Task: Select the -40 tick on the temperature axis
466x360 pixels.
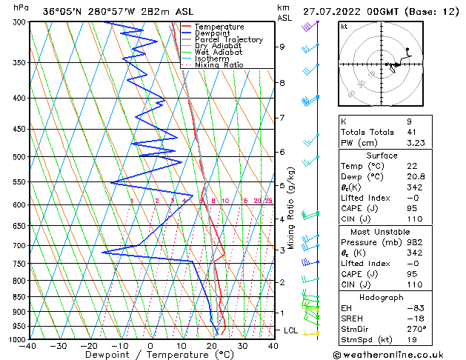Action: click(x=27, y=346)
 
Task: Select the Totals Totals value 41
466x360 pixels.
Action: click(x=411, y=131)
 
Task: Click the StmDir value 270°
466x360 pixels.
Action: click(x=416, y=330)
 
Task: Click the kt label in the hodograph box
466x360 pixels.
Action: click(x=344, y=27)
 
